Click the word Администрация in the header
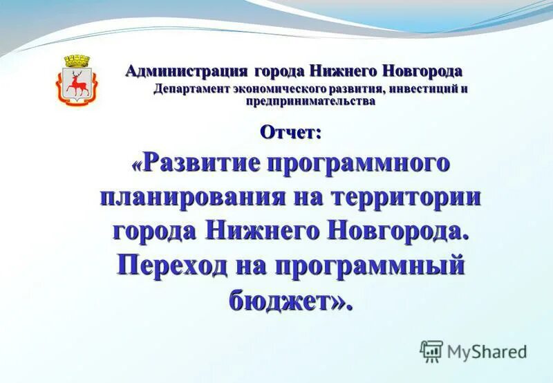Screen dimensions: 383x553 pyautogui.click(x=186, y=71)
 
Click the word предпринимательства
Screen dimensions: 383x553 pyautogui.click(x=311, y=101)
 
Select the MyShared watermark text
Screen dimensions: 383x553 pyautogui.click(x=487, y=352)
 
